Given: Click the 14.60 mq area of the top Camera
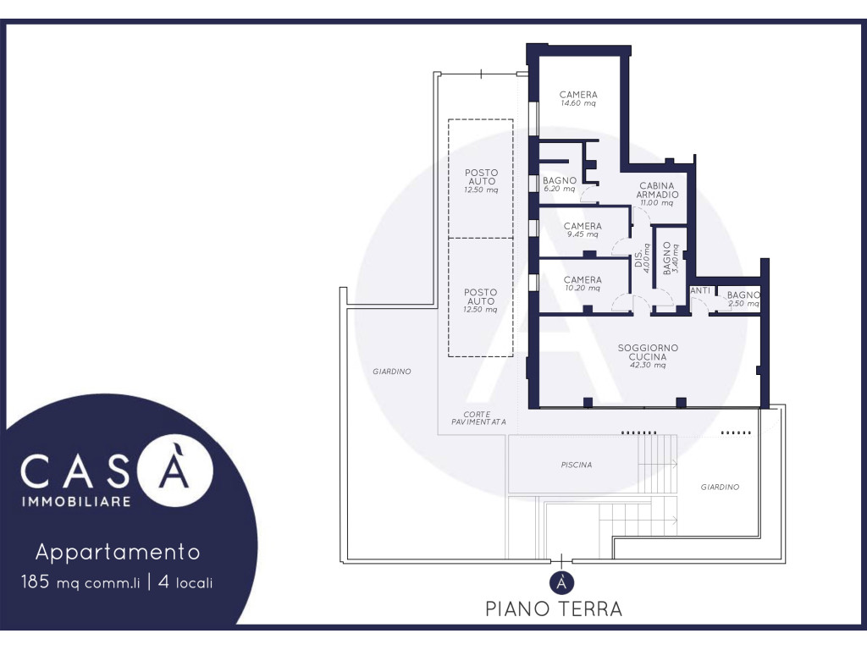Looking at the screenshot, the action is (x=577, y=103).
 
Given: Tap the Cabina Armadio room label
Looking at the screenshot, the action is (x=657, y=190).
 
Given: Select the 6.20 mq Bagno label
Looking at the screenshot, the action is (x=560, y=184).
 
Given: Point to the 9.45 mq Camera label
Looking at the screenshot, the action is (x=583, y=229).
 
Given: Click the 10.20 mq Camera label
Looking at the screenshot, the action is (x=583, y=284).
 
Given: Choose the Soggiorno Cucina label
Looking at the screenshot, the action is (x=648, y=352).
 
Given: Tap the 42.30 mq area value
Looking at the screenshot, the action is (x=648, y=366).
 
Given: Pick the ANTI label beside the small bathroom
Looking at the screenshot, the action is (x=700, y=291).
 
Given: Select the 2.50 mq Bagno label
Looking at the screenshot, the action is (x=743, y=299).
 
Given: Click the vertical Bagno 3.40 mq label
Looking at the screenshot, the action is (x=671, y=258).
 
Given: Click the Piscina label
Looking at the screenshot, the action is (x=576, y=465).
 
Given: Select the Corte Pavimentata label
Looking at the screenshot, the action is (x=478, y=418).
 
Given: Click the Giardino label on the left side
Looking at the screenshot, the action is (x=391, y=372).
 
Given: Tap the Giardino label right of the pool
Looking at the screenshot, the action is (x=720, y=487).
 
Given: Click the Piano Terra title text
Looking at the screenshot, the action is (x=554, y=609).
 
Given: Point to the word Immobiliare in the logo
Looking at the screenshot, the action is (x=76, y=501).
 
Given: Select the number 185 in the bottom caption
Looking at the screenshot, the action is (x=36, y=581).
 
